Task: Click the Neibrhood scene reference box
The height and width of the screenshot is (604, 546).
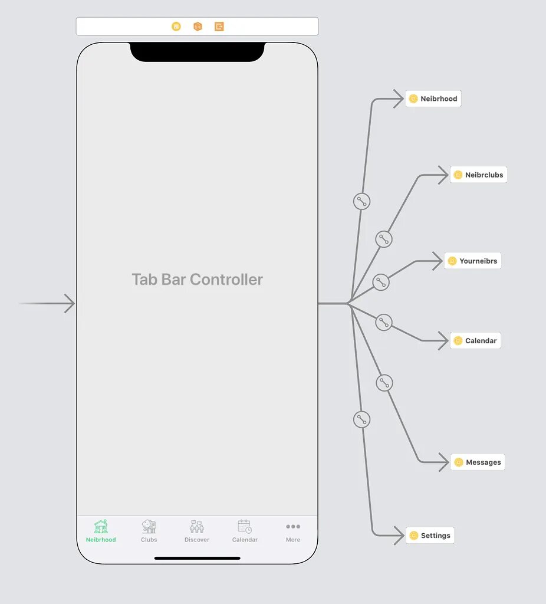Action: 433,99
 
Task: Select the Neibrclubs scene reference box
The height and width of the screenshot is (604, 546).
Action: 478,175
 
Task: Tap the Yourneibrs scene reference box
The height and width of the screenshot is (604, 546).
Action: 472,261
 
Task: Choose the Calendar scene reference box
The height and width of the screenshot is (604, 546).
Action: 475,340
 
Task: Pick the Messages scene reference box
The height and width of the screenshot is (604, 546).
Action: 478,462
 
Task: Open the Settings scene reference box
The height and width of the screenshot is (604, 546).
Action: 430,536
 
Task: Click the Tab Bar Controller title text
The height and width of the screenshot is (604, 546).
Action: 197,279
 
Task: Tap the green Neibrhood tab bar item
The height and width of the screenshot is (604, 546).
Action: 101,531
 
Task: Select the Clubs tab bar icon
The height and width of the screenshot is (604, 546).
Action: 149,527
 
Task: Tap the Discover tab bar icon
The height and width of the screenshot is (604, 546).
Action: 196,527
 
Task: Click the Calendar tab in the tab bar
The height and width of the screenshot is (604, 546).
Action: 245,531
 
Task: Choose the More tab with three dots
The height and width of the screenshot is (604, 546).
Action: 293,531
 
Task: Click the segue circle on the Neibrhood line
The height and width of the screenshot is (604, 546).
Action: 361,201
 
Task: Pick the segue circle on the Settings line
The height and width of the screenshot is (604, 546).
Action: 361,419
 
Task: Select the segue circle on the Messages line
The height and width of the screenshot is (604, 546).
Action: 384,383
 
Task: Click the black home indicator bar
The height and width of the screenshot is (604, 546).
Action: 197,558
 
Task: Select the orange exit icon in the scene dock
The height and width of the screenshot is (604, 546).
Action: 219,27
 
